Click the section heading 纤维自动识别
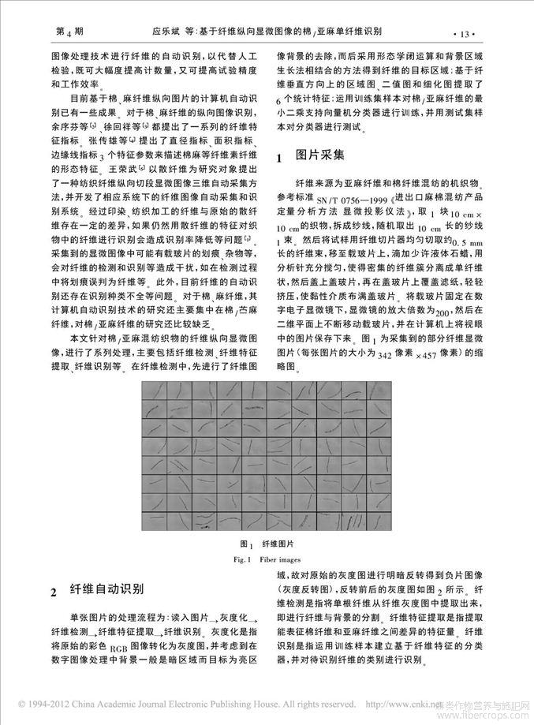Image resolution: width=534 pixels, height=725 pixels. (108, 589)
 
